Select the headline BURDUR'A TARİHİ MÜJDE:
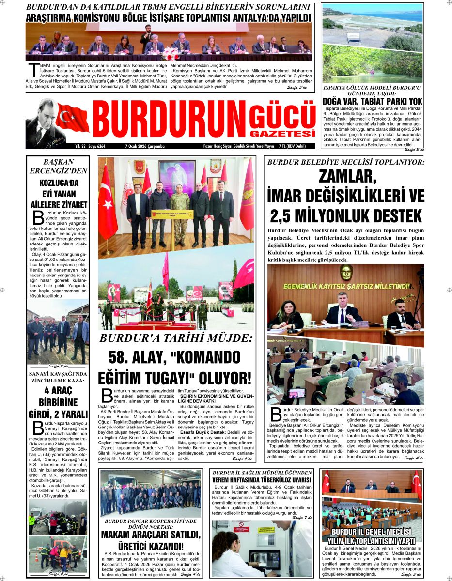pyautogui.click(x=176, y=338)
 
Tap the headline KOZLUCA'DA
pyautogui.click(x=58, y=183)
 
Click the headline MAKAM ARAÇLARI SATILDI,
pyautogui.click(x=151, y=535)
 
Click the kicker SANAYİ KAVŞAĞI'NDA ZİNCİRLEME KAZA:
pyautogui.click(x=58, y=377)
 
